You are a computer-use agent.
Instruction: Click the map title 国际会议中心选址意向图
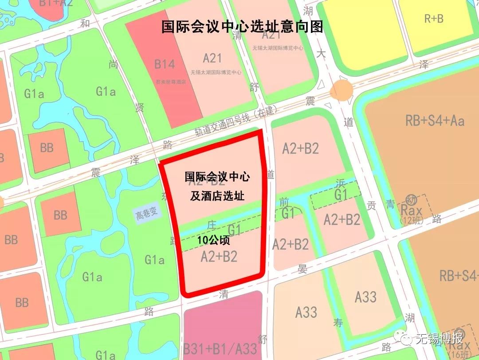[242, 26]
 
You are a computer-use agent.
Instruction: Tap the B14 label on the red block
[165, 64]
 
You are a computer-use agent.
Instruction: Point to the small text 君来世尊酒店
[170, 82]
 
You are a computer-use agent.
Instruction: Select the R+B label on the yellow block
[433, 19]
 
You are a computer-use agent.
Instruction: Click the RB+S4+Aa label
[435, 121]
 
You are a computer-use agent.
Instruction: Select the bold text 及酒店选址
[217, 196]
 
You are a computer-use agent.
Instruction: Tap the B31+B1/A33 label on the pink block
[220, 348]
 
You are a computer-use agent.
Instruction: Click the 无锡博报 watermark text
[439, 339]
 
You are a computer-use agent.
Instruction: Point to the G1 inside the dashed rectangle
[341, 195]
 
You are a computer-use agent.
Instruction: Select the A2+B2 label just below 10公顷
[219, 257]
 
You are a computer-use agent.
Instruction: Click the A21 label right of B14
[212, 58]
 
